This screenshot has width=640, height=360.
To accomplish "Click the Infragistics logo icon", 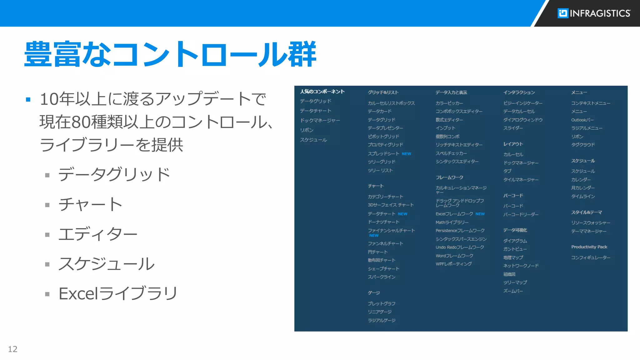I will click(563, 13).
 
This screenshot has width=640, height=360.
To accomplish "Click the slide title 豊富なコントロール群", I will click(170, 54).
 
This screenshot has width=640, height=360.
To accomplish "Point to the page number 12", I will click(12, 349).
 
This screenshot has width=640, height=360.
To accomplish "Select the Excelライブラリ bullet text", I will click(118, 293).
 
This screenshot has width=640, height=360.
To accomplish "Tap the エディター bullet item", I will click(98, 234).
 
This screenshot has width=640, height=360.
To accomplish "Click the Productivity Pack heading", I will click(589, 247).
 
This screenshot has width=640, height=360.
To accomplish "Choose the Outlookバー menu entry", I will click(582, 120).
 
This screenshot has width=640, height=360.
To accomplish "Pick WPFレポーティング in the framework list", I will click(453, 264).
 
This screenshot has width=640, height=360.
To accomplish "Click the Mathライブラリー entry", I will click(452, 222).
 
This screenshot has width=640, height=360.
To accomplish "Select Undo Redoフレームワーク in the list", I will click(460, 247).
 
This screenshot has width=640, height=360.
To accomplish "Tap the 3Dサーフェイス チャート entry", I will click(391, 205).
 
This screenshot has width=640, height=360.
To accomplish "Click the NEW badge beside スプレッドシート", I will click(406, 154).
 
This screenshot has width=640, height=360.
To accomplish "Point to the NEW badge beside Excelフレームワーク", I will click(480, 214).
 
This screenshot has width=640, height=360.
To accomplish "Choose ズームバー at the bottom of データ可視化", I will click(513, 291).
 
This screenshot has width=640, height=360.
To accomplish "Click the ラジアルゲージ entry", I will click(382, 320).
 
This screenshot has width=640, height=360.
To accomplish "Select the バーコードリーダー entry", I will click(521, 214).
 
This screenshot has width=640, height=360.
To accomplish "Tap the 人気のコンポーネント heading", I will click(322, 92).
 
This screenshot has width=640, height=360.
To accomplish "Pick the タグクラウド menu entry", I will click(583, 145).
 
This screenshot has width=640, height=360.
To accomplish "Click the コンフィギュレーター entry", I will click(591, 257).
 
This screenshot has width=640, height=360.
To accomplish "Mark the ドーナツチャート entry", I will click(383, 222).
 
